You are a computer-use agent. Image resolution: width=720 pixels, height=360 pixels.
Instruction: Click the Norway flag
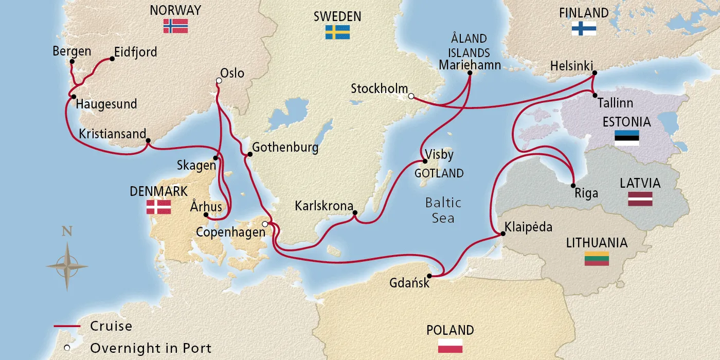point(175,26)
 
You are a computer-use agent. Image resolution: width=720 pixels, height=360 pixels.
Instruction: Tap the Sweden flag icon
point(337,32)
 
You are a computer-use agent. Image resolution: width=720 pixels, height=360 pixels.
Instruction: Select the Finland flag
point(584,29)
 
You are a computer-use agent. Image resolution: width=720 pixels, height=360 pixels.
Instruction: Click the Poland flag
point(450,346)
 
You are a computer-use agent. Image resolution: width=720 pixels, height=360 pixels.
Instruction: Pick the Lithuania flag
point(597,259)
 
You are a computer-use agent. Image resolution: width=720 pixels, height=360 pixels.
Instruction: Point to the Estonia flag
point(626,138)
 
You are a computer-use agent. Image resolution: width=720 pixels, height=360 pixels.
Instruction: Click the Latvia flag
point(640,199)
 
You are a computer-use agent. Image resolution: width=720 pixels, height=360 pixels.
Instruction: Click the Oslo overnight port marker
point(219,81)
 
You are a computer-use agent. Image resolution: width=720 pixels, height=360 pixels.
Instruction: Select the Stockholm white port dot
point(410,96)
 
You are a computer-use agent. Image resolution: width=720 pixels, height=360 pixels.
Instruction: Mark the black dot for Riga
point(573,185)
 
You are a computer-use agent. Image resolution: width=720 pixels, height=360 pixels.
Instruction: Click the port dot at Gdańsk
point(429,276)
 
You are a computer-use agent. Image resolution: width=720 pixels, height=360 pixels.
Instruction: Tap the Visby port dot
point(425,161)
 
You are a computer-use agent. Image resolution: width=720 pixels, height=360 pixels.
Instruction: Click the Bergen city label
point(71,51)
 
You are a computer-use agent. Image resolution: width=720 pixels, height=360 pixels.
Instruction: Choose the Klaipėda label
point(529,227)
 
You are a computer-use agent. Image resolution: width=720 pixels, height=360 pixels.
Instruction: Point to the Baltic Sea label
point(443,210)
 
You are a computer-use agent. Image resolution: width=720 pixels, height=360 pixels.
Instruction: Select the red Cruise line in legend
point(67,327)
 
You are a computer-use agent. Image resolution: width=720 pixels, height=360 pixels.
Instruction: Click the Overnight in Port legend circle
point(67,348)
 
